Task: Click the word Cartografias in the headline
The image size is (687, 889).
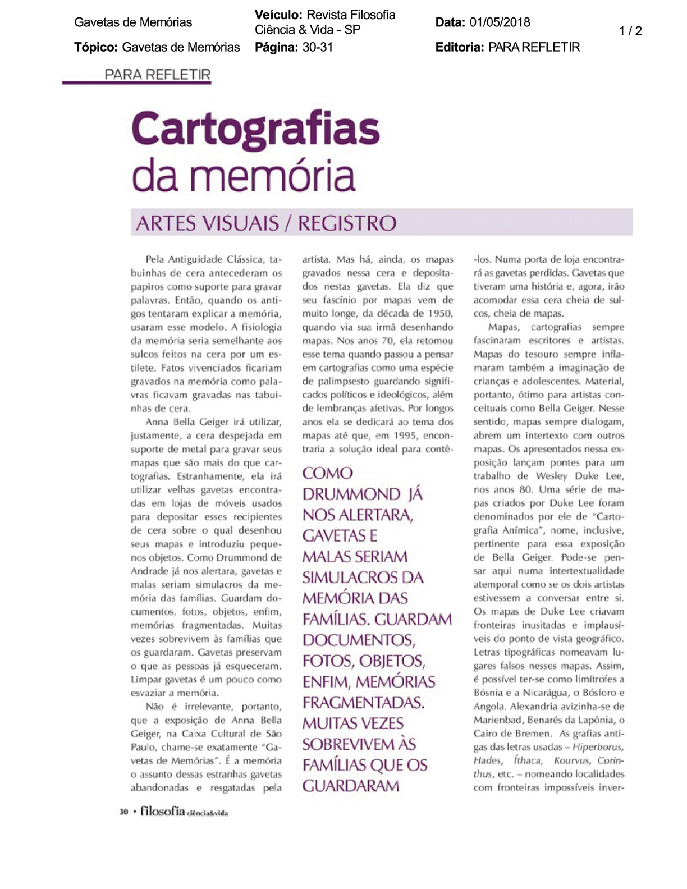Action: coord(255,130)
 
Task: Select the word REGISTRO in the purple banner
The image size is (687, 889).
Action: coord(347,223)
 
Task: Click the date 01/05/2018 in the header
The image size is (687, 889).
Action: coord(500,22)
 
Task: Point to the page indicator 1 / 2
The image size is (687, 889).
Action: coord(630,31)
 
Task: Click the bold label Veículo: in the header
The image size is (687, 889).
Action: coord(278,15)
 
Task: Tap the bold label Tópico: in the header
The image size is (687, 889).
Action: coord(95,47)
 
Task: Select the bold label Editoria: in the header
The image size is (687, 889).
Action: coord(459,47)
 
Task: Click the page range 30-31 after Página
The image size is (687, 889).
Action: coord(318,47)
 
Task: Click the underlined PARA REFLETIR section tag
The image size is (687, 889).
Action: coord(157,75)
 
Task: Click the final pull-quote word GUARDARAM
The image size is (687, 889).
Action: coord(351,786)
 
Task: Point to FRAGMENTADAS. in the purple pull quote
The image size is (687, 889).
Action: coord(363,703)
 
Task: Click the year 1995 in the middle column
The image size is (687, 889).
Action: coord(405,436)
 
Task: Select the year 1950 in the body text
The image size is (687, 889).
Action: coord(439,313)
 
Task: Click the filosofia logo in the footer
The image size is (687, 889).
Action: coord(162,811)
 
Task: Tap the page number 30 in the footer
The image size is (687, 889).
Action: coord(123,812)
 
